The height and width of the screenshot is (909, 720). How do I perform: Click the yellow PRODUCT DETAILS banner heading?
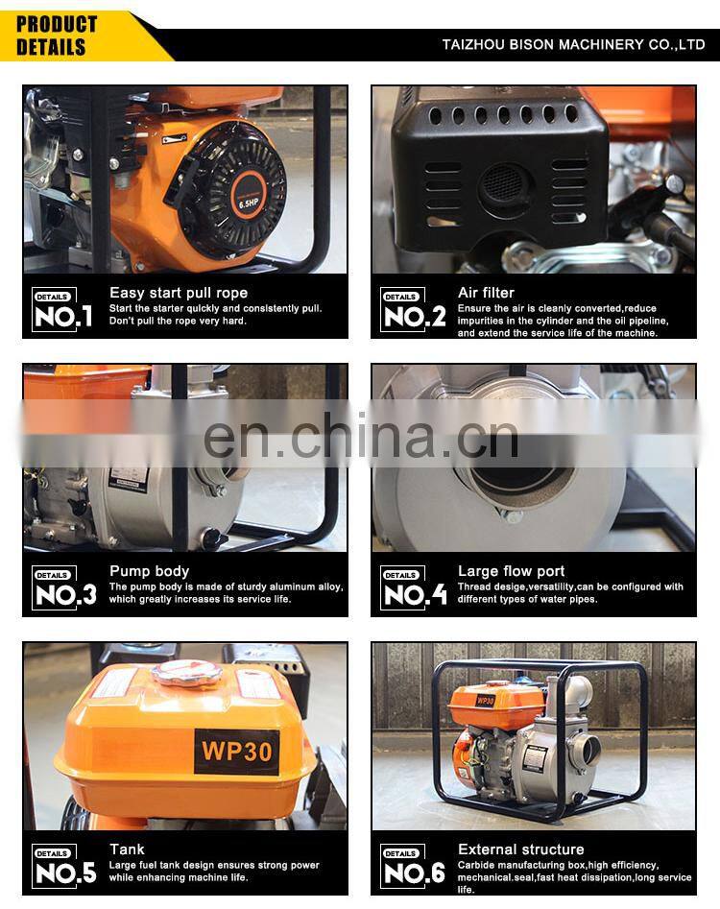coord(57,36)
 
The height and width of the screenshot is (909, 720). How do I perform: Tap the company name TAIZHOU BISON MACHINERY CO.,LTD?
coord(573,45)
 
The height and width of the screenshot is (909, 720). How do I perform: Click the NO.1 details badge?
coord(62,310)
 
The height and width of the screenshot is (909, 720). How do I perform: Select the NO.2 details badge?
coord(414,310)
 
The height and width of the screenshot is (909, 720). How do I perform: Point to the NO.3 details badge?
coord(63,587)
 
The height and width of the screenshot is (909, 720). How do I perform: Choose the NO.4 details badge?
coord(414,587)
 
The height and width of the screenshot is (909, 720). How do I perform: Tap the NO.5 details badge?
coord(63,866)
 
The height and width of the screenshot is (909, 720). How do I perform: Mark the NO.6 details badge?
coord(413,866)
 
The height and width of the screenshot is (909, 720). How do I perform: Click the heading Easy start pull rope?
coord(179,293)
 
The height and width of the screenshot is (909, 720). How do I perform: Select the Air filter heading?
coord(486,293)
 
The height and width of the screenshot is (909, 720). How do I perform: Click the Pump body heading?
coord(149,571)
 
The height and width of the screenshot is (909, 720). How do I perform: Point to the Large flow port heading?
coord(511,571)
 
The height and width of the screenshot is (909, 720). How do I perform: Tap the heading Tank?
coord(127,849)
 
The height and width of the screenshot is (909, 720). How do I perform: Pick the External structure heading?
coord(520,849)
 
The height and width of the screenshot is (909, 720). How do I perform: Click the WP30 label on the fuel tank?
coord(236,752)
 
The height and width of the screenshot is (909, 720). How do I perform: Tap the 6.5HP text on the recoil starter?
coord(249,203)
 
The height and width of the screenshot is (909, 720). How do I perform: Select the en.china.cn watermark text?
coord(361,436)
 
